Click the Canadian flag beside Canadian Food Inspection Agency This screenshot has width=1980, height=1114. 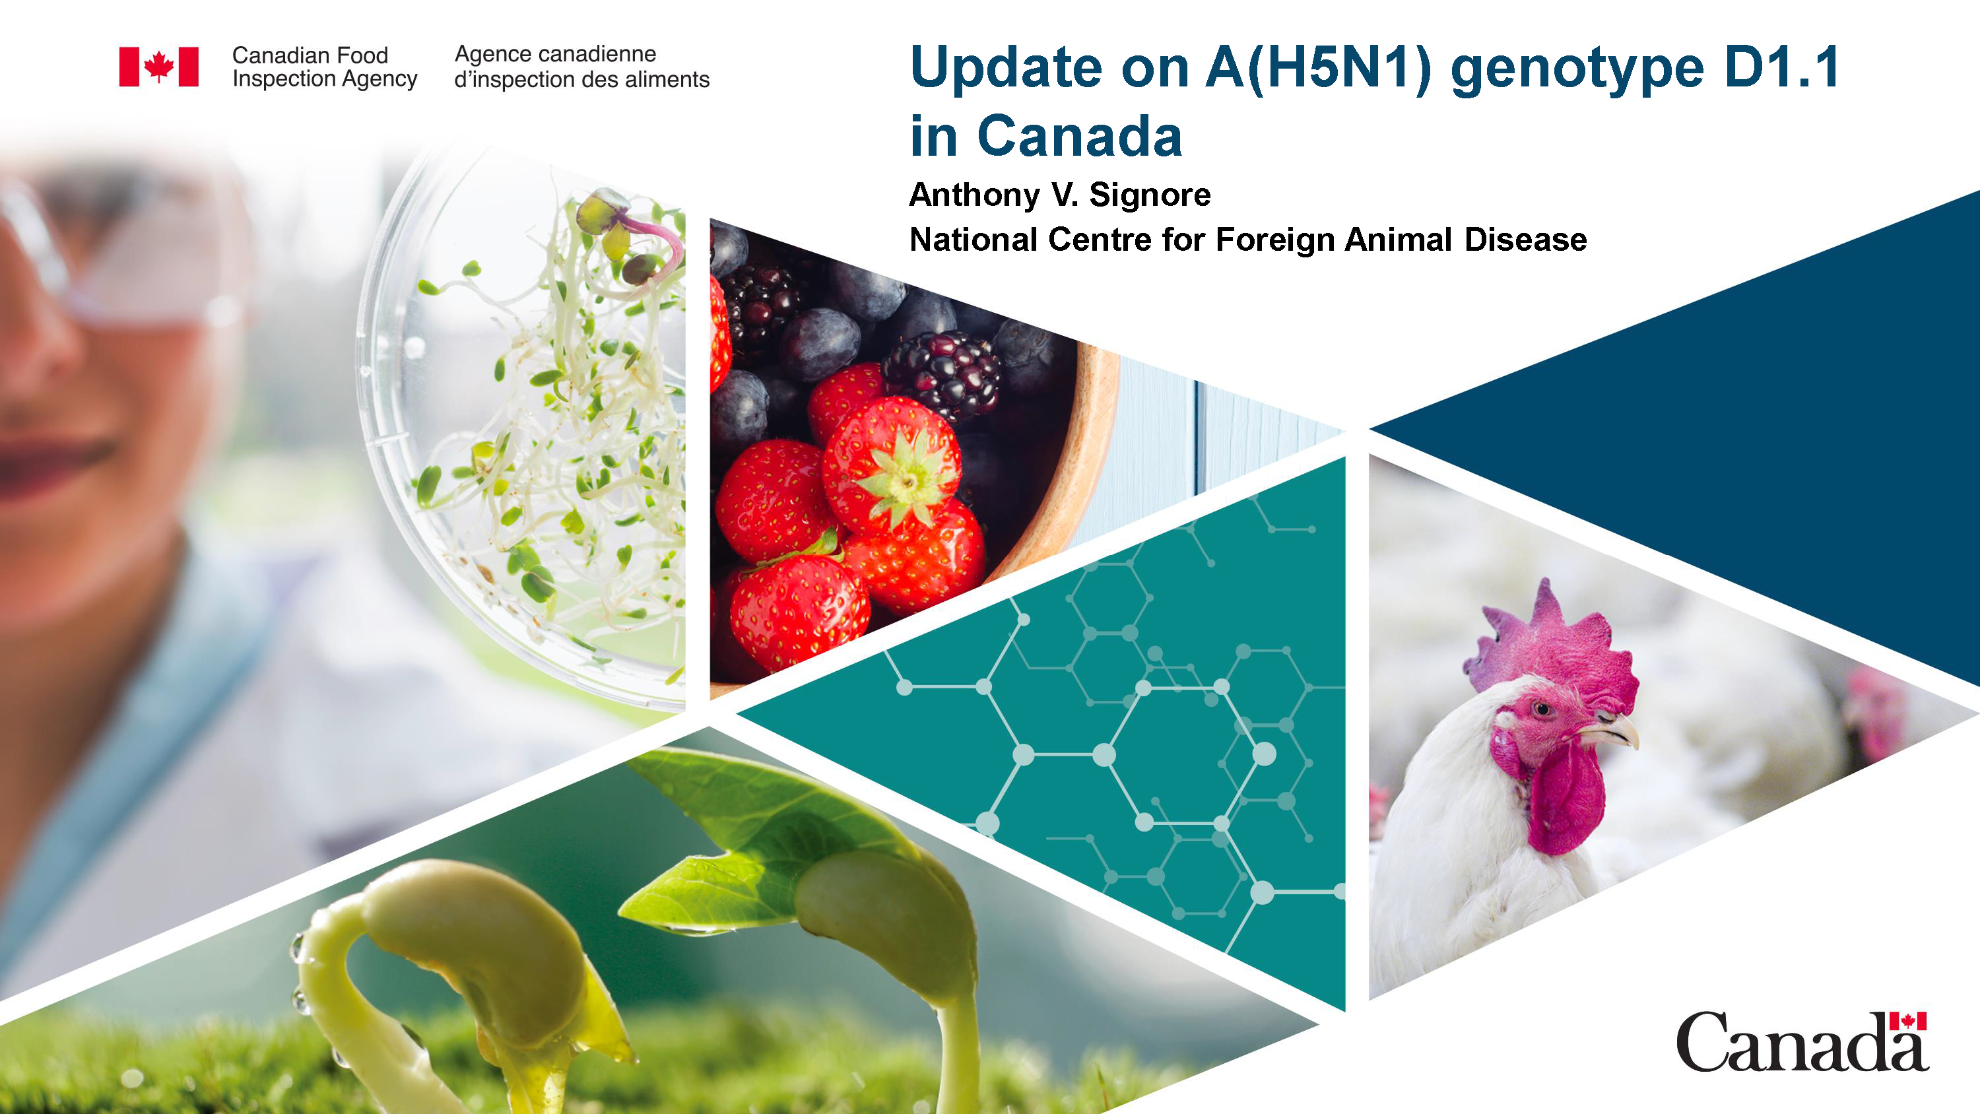click(158, 66)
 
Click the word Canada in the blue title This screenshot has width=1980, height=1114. click(1079, 137)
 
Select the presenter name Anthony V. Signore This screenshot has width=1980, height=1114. click(1059, 195)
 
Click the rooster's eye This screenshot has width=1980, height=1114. click(1542, 708)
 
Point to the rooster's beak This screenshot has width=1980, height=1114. click(1618, 731)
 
